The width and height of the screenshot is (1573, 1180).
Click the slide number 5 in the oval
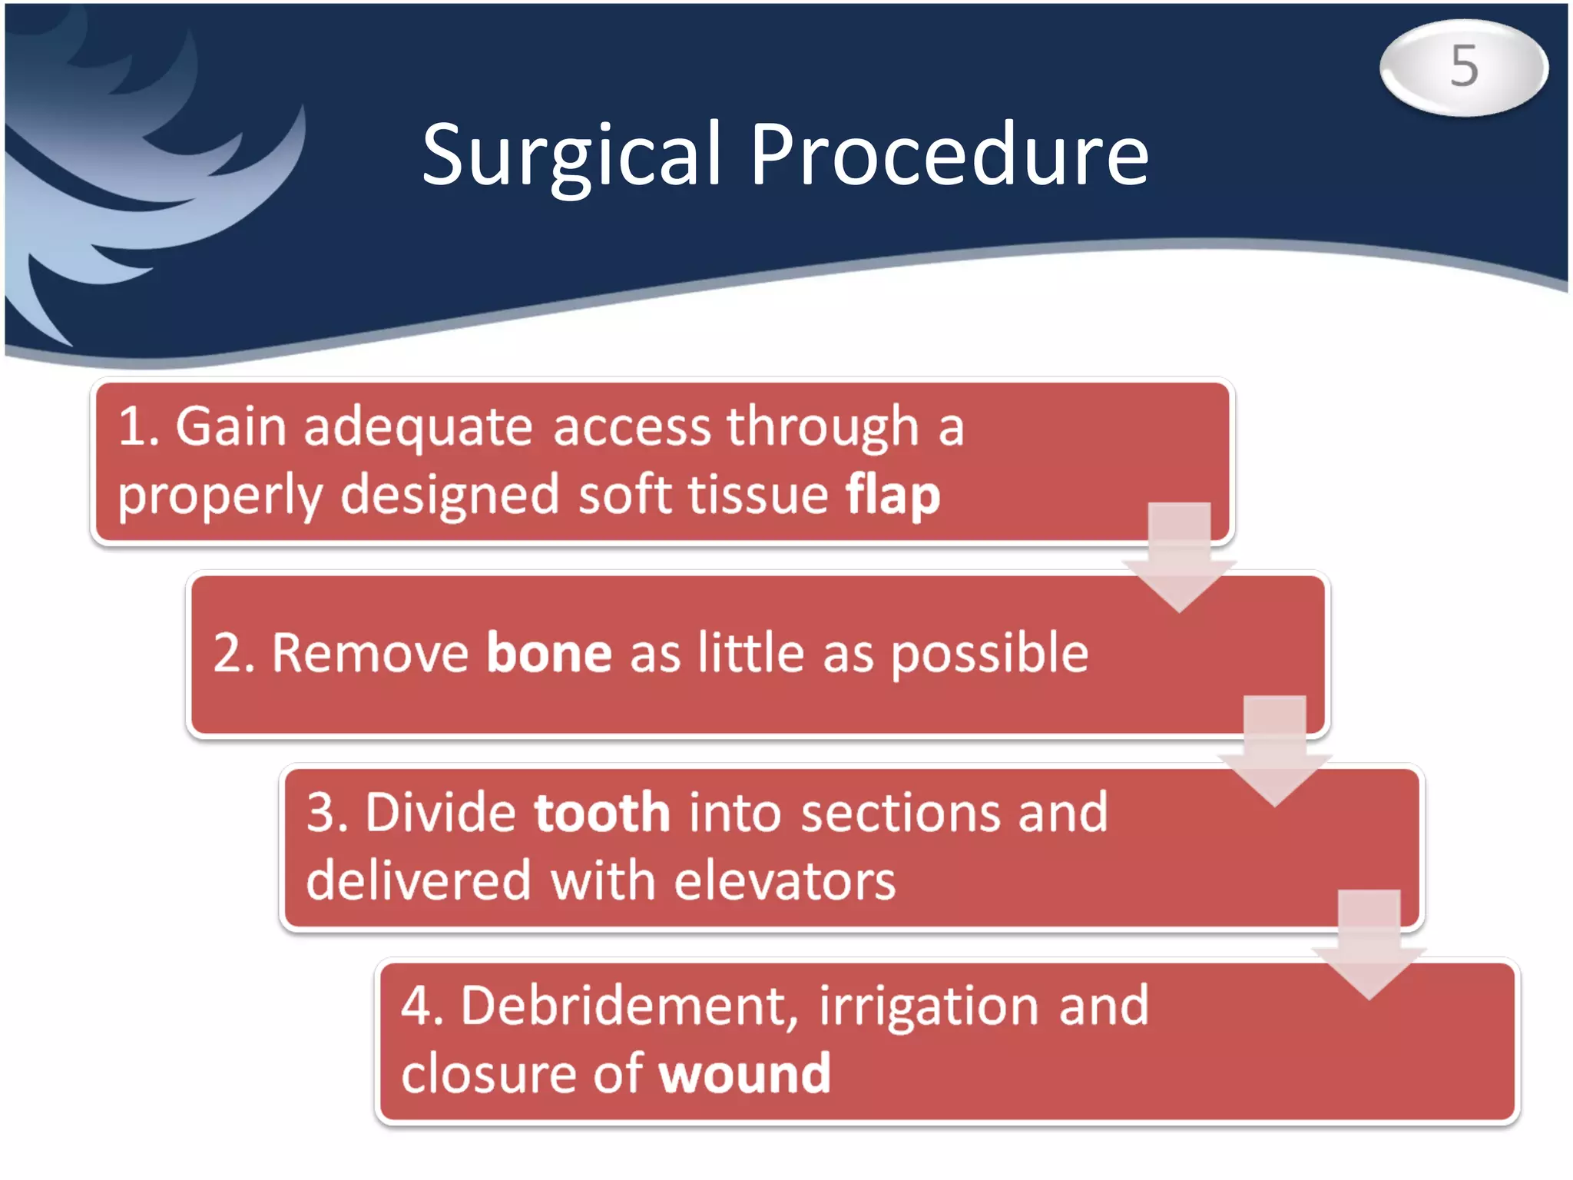pyautogui.click(x=1464, y=67)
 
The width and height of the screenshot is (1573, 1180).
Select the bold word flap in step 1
pyautogui.click(x=892, y=496)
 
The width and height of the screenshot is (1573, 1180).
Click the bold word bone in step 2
pyautogui.click(x=549, y=654)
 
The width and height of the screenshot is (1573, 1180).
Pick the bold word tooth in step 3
pyautogui.click(x=602, y=813)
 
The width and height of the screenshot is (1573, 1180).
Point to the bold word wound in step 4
pyautogui.click(x=744, y=1074)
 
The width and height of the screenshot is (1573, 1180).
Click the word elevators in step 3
pyautogui.click(x=784, y=882)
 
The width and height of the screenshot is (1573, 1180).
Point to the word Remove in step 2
pyautogui.click(x=370, y=654)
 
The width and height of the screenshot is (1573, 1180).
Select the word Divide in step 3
pyautogui.click(x=440, y=813)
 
